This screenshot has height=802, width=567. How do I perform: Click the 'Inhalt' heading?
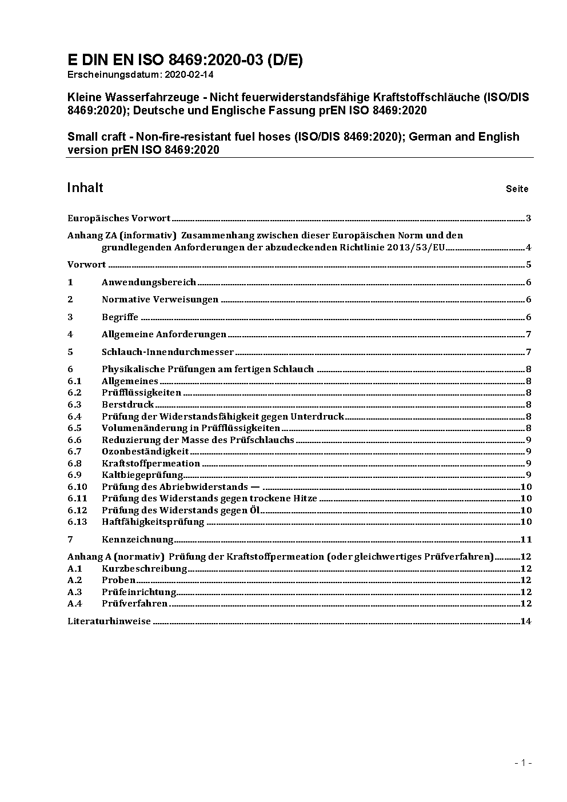tap(85, 188)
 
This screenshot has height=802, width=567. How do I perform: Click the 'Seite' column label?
tap(517, 189)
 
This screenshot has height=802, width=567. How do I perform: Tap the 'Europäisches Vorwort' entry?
tap(119, 218)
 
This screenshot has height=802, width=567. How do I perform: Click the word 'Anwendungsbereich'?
tap(149, 282)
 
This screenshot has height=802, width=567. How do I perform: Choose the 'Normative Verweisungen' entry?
tap(160, 300)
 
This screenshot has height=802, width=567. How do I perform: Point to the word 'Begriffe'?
tap(120, 317)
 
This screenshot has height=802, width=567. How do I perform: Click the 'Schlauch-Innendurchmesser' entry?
tap(167, 352)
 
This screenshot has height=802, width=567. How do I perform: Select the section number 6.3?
tap(74, 405)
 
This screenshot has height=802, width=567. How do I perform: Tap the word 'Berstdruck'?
tap(128, 405)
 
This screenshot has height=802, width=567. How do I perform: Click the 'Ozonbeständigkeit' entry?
tap(145, 452)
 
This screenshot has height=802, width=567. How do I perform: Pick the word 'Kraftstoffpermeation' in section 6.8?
tap(151, 464)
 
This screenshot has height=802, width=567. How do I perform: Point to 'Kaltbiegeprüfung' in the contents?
tap(142, 475)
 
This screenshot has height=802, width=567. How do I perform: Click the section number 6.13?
tap(77, 522)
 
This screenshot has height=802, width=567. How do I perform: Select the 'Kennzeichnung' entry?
tap(137, 540)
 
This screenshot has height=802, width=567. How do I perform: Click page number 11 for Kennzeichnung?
tap(526, 540)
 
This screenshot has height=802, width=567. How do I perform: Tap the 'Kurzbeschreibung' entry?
tap(144, 569)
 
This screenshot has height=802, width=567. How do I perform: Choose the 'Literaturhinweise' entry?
tap(109, 621)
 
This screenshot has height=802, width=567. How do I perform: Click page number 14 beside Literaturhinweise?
tap(526, 621)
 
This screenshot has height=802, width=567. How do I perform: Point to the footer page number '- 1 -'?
tap(524, 763)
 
